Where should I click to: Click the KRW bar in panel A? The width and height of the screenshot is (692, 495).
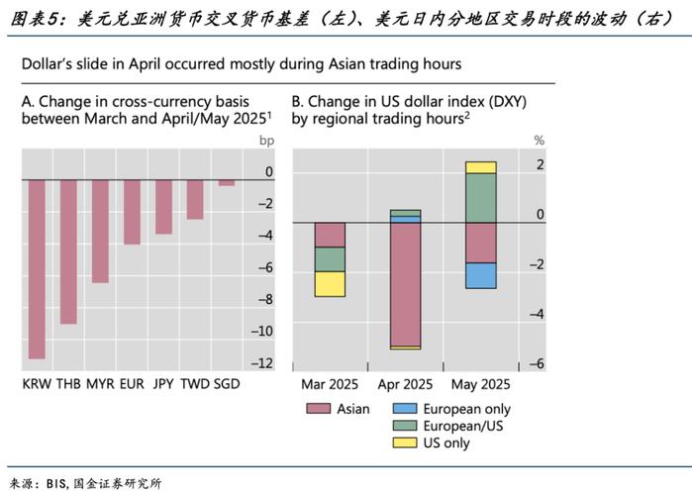point(37,268)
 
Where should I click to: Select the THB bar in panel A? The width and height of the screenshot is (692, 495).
point(68,251)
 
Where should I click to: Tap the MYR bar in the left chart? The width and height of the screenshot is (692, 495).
point(100,231)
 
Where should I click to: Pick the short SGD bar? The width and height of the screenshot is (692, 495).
point(227,182)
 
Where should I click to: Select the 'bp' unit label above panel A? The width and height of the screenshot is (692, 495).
point(265,141)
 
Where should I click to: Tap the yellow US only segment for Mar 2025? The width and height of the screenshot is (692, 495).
point(330,283)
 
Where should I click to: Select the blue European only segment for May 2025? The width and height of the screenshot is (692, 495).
point(480,275)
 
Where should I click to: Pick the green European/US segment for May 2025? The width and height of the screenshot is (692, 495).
point(480,198)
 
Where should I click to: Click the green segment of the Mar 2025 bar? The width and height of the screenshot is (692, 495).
point(330,258)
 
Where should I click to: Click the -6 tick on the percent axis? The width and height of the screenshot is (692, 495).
point(539,364)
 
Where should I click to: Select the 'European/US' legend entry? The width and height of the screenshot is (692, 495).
point(463,426)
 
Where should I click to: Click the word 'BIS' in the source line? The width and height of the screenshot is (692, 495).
point(56,483)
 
